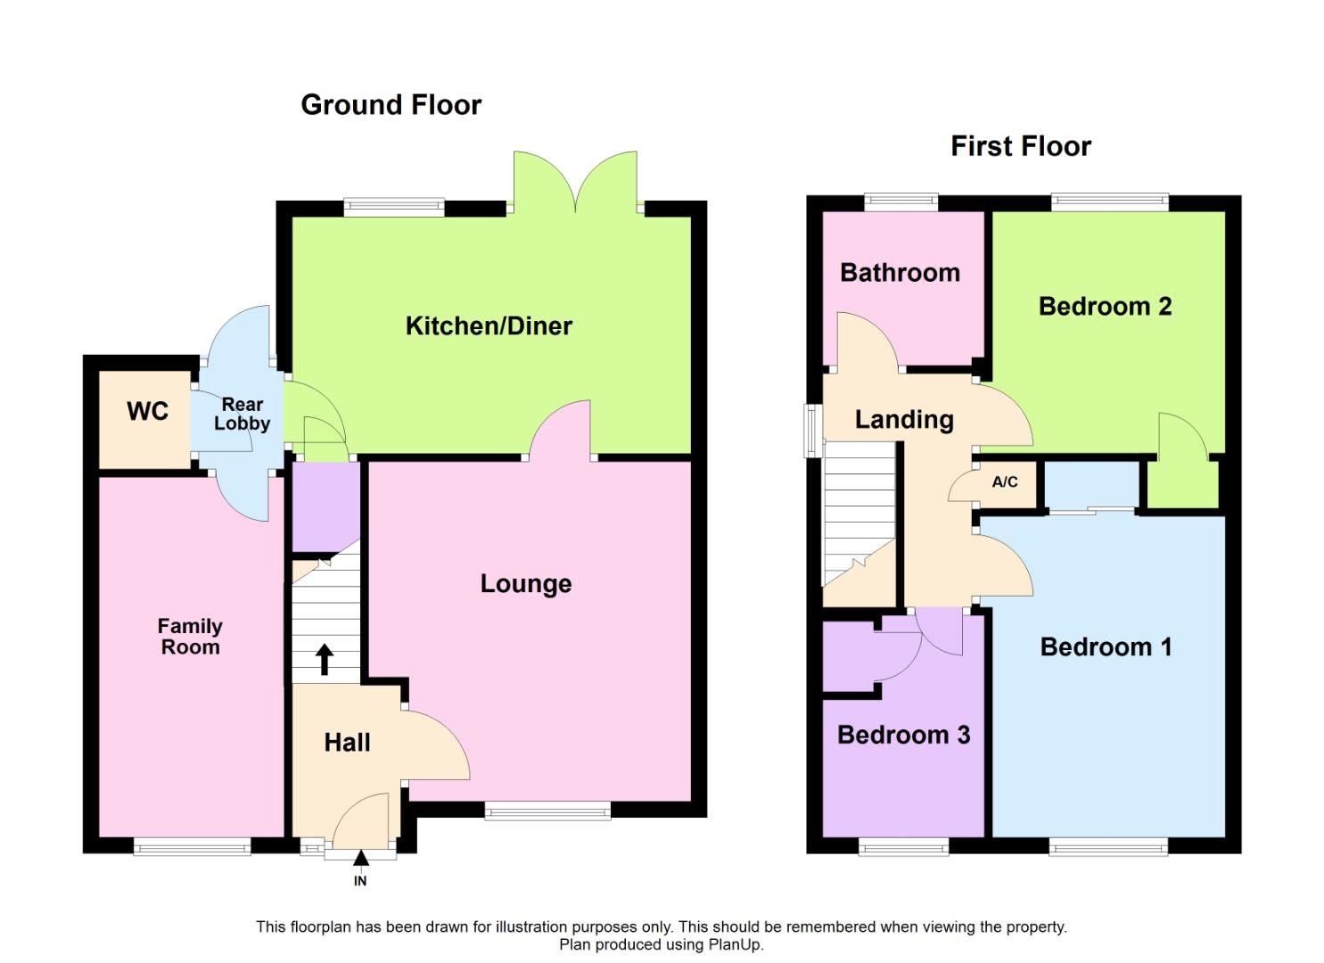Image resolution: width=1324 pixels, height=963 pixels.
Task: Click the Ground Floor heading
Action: point(391,105)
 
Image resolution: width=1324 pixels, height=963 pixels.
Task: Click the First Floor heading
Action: point(1020,146)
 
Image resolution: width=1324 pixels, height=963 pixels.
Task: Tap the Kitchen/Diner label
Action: point(489,326)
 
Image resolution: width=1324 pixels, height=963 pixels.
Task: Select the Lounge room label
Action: point(526,584)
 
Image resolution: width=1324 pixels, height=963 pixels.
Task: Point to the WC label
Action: point(148,411)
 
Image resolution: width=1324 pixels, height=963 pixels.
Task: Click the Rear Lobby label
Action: point(242,415)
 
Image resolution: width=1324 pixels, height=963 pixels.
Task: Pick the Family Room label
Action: point(190,637)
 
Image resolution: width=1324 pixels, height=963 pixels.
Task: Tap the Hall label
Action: point(347,742)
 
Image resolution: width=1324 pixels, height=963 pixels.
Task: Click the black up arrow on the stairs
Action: point(325,660)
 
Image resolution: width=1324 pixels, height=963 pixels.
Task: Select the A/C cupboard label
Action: point(1005,482)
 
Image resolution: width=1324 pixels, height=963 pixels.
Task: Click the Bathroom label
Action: point(900,273)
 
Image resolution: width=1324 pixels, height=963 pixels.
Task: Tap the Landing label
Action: point(904,420)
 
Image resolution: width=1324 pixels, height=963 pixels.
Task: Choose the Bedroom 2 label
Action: point(1105,307)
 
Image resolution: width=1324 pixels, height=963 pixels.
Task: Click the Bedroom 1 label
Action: point(1106,647)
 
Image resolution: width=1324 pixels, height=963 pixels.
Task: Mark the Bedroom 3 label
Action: point(903,736)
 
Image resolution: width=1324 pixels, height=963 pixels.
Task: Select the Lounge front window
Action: point(547,811)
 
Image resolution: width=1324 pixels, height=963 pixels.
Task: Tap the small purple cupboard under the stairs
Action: point(325,505)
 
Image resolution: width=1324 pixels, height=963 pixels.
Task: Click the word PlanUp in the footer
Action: point(736,945)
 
